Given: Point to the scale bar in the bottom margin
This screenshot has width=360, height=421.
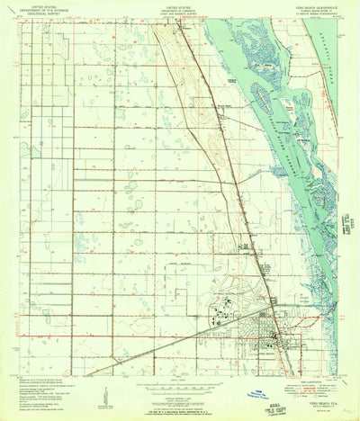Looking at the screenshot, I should (180, 387).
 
